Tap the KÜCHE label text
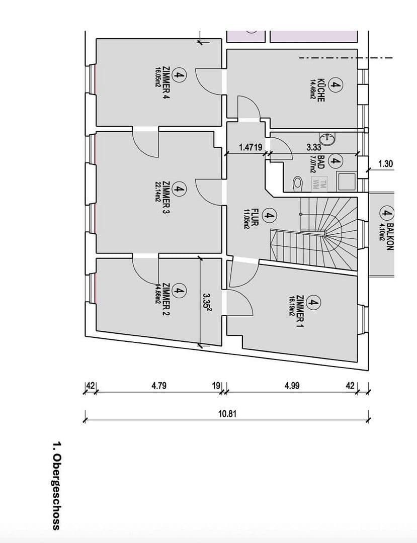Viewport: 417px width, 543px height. [x=321, y=89]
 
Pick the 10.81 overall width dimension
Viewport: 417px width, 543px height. [x=227, y=414]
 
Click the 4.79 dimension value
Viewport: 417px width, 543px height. [x=159, y=386]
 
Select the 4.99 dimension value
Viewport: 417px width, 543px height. [x=292, y=386]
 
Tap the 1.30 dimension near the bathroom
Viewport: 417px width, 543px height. [x=385, y=163]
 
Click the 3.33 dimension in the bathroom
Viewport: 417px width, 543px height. [x=314, y=147]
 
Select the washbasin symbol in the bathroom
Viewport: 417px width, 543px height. [x=327, y=138]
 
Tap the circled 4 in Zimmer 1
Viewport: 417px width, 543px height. [x=313, y=304]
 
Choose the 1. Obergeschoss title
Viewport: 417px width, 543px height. [x=56, y=486]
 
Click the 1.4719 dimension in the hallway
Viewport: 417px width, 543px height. [x=250, y=147]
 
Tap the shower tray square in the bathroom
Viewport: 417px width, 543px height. [x=346, y=180]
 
